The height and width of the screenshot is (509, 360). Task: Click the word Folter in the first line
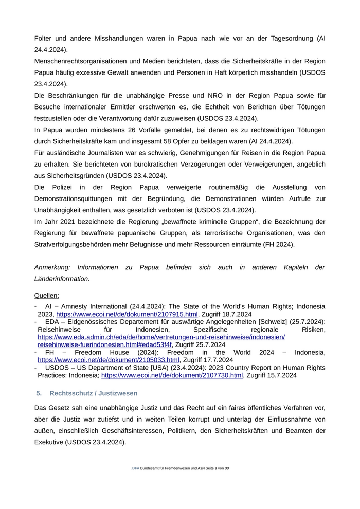(44, 39)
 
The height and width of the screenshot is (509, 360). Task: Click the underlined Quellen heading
(47, 296)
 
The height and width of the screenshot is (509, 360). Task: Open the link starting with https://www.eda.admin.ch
(161, 337)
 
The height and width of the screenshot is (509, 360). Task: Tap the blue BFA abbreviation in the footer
(136, 468)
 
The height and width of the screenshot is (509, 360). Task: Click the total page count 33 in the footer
(227, 468)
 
